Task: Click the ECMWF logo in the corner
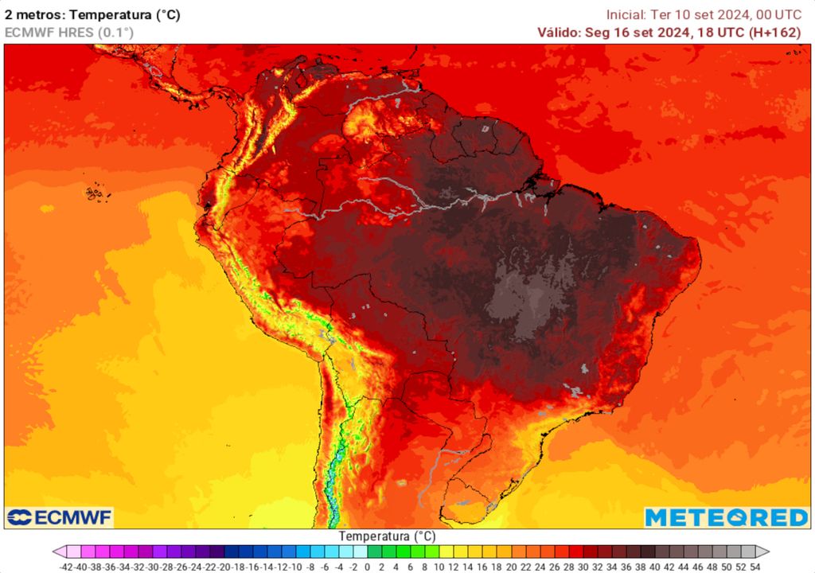(60, 517)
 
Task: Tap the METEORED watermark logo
(727, 517)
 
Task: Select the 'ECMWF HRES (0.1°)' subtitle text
(69, 33)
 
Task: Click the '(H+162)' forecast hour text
(779, 33)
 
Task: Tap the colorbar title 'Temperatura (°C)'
(387, 536)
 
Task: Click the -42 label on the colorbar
(67, 567)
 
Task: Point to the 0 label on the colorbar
(368, 567)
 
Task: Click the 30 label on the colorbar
(583, 567)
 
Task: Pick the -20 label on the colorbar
(224, 567)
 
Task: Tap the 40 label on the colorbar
(655, 567)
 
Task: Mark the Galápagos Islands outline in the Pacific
(96, 192)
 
